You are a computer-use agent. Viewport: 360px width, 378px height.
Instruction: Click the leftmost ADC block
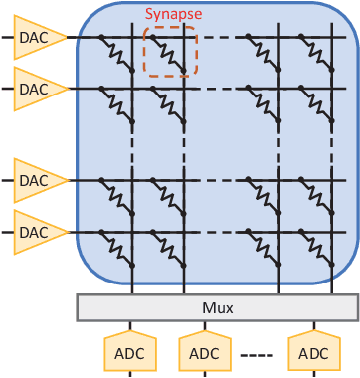coord(130,352)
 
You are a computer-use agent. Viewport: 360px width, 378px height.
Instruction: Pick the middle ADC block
coord(204,352)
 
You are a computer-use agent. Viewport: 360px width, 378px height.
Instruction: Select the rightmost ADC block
coord(313,352)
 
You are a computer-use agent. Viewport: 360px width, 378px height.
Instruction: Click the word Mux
coord(217,308)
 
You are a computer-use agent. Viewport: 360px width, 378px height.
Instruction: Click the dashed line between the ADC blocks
coord(257,354)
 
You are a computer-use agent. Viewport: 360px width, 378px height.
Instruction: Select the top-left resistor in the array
coord(117,54)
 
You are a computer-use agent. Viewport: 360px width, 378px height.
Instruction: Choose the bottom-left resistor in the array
coord(117,249)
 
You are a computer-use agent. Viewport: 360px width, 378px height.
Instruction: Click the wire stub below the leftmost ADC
coord(130,374)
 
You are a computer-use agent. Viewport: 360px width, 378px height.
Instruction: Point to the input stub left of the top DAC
coord(6,37)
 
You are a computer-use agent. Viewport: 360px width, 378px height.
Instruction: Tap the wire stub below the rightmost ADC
coord(313,374)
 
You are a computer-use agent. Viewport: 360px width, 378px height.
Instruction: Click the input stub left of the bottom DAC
coord(6,231)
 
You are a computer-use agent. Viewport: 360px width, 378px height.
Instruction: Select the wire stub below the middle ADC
coord(204,374)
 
